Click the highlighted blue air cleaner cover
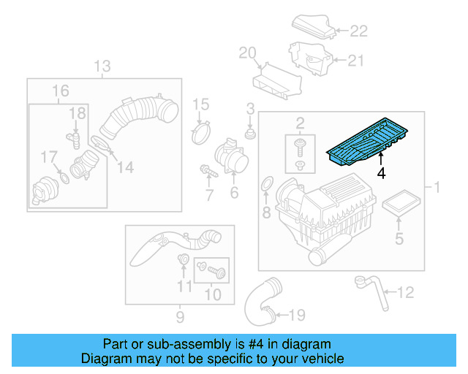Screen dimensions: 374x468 pyautogui.click(x=363, y=145)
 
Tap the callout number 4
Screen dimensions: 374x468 pyautogui.click(x=380, y=174)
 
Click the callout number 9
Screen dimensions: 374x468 pyautogui.click(x=179, y=317)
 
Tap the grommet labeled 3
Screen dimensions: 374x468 pyautogui.click(x=250, y=134)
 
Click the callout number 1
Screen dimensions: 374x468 pyautogui.click(x=437, y=188)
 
